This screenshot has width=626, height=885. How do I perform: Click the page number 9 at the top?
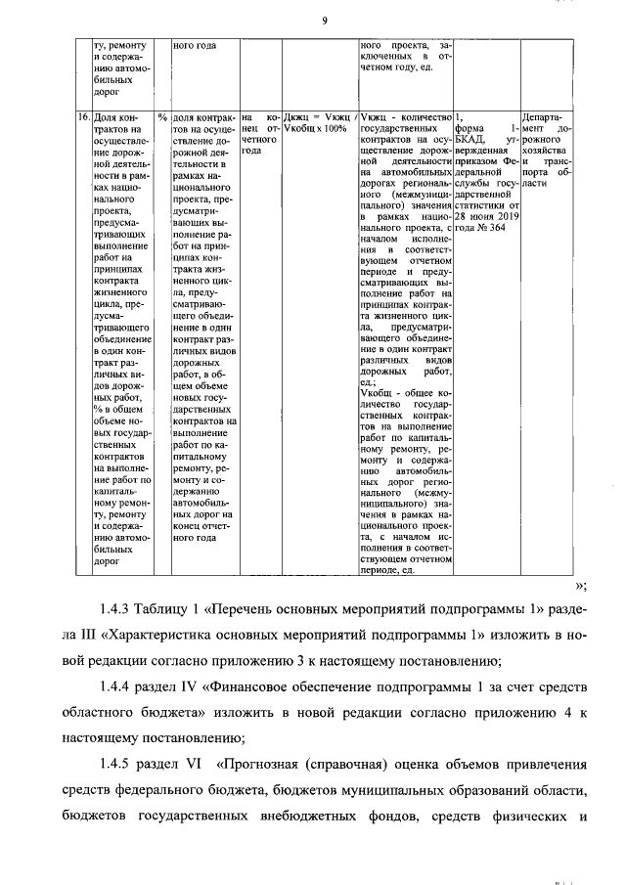[323, 22]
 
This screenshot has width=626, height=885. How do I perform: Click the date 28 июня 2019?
[486, 216]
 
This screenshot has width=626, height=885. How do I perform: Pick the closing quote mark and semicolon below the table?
[581, 586]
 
